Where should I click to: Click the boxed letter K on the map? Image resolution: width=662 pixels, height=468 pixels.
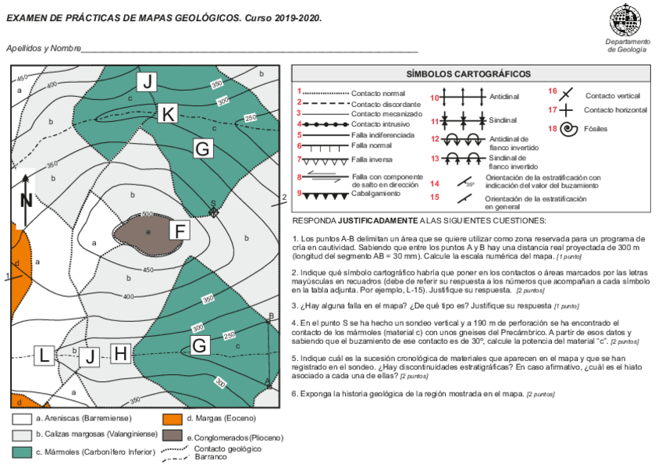tap(167, 114)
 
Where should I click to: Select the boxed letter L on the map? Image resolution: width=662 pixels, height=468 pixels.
tap(45, 355)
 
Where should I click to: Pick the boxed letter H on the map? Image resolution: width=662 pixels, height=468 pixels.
tap(120, 354)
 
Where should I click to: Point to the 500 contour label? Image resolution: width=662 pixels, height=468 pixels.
tap(147, 214)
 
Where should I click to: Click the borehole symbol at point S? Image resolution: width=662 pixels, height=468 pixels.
tap(213, 211)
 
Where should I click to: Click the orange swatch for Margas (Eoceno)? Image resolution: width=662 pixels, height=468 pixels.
tap(173, 420)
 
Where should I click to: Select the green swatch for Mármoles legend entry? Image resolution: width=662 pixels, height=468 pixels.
tap(22, 452)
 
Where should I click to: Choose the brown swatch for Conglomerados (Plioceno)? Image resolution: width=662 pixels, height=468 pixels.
tap(173, 435)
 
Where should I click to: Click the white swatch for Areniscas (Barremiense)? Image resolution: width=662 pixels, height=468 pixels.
tap(22, 420)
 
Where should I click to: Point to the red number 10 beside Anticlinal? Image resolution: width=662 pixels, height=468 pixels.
tap(435, 98)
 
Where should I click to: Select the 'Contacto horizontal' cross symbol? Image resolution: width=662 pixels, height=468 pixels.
tap(568, 110)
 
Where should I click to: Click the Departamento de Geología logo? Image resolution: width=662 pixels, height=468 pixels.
tap(627, 21)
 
